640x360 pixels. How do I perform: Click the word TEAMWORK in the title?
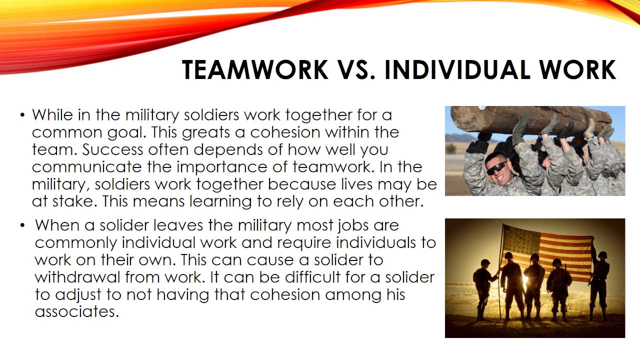255,70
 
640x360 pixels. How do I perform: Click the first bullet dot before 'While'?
22,115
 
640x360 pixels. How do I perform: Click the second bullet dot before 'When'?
22,225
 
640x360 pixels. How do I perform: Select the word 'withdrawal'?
77,277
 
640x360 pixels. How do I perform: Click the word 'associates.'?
76,312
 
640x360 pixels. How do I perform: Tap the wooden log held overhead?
530,120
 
